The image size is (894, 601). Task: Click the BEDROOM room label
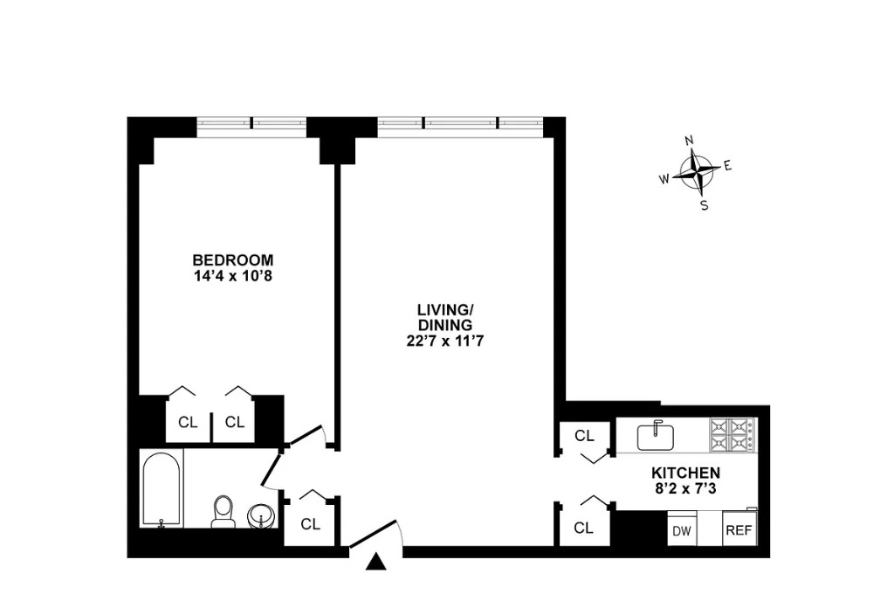(233, 259)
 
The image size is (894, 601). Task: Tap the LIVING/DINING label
(444, 317)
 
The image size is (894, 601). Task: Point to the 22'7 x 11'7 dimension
(444, 342)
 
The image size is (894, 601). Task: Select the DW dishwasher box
(683, 530)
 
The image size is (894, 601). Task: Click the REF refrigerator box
(738, 530)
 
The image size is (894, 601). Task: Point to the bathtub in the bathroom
(162, 490)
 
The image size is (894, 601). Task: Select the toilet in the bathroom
(223, 510)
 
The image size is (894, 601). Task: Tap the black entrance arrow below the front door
(376, 564)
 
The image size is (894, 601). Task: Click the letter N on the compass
(689, 140)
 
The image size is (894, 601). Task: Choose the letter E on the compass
(727, 166)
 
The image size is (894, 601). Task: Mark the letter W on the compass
(664, 179)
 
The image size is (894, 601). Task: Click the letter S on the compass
(704, 205)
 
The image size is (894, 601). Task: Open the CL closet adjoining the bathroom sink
(310, 524)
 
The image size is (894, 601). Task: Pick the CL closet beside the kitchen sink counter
(584, 436)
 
